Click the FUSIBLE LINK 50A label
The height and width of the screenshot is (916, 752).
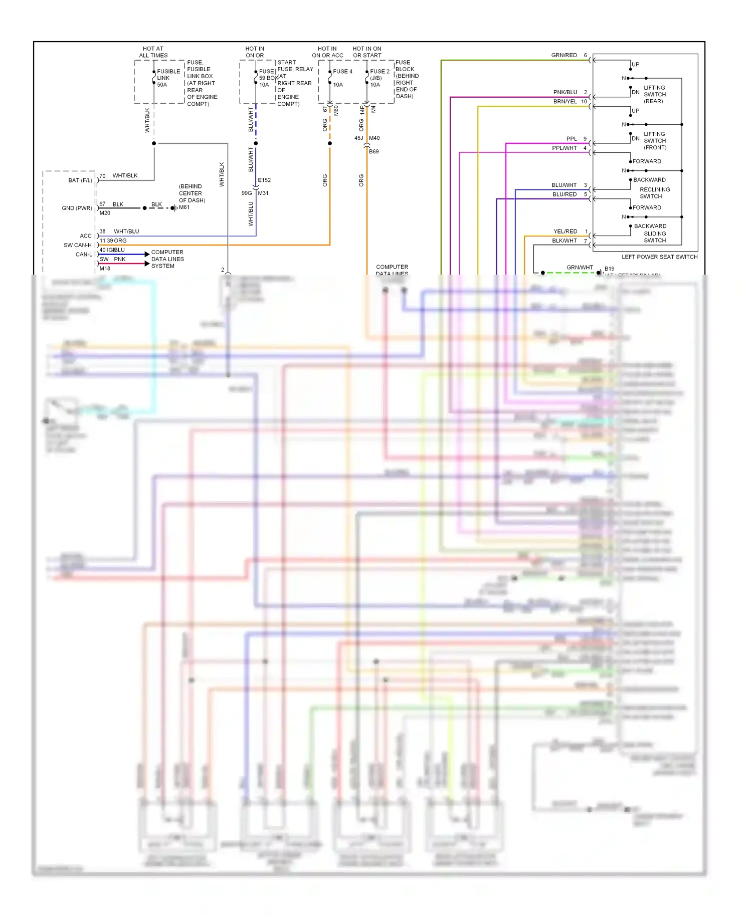click(x=168, y=78)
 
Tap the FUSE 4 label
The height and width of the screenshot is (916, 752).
click(x=342, y=72)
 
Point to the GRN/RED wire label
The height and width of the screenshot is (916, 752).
click(x=564, y=55)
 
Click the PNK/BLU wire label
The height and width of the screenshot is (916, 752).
click(x=565, y=92)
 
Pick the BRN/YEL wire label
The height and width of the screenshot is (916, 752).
click(x=565, y=101)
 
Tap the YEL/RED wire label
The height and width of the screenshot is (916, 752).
click(x=565, y=232)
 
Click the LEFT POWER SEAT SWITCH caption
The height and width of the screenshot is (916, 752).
click(x=659, y=257)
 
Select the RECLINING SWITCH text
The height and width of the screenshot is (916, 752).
click(x=654, y=193)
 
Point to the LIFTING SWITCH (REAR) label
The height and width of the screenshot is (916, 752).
click(x=654, y=94)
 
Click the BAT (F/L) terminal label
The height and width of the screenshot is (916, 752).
click(x=80, y=180)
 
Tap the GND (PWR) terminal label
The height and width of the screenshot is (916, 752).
click(x=77, y=208)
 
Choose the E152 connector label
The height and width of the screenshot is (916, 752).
click(x=264, y=180)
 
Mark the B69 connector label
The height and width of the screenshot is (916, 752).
click(x=374, y=151)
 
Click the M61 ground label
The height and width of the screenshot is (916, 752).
click(x=184, y=207)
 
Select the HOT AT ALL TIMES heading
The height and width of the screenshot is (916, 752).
click(x=153, y=52)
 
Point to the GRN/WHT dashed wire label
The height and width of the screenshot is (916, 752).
click(x=580, y=268)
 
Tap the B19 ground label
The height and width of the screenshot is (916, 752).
click(x=609, y=269)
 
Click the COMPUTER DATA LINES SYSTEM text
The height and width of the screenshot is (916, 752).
click(x=167, y=259)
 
